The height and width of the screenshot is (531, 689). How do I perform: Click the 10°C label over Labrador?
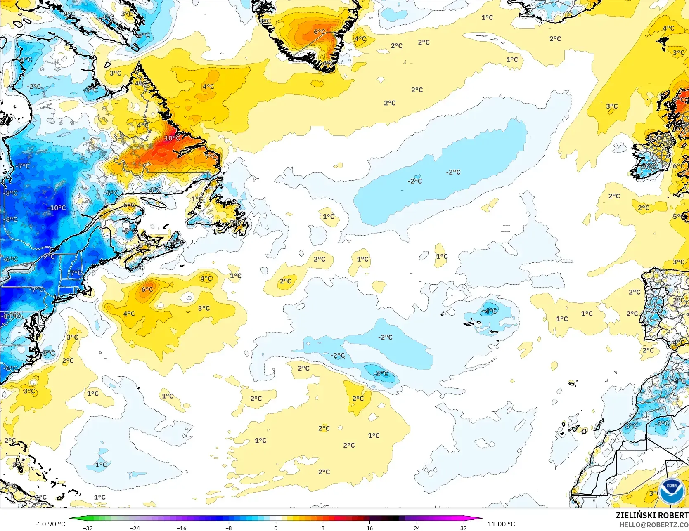[172, 138]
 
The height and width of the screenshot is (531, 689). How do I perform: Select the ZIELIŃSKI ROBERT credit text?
[652, 515]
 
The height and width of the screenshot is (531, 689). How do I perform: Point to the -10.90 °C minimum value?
[50, 524]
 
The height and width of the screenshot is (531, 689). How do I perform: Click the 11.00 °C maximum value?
[501, 524]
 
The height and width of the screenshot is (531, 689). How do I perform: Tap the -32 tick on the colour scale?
[88, 528]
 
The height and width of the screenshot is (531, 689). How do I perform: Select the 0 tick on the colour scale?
[276, 528]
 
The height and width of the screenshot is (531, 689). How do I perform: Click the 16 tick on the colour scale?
[369, 528]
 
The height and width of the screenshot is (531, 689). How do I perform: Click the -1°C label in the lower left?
[99, 465]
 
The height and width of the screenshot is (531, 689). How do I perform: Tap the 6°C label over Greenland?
[319, 32]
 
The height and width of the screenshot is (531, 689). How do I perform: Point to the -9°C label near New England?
[48, 256]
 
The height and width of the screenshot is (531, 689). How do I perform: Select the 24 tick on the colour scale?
[417, 528]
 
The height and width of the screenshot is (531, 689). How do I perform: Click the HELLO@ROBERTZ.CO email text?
[654, 524]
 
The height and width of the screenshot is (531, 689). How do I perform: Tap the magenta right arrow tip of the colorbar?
[481, 519]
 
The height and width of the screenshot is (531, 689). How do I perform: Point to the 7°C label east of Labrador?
[211, 157]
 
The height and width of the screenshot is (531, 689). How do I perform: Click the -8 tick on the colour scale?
[229, 528]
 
